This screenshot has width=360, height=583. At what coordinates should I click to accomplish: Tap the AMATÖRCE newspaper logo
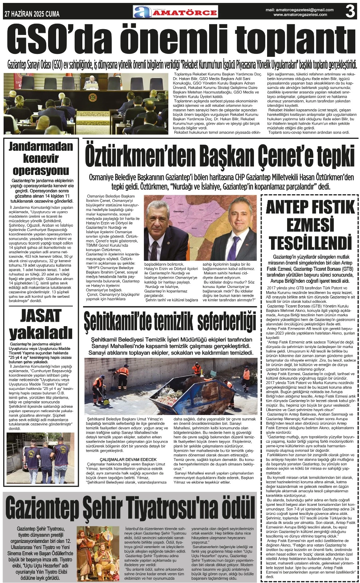pos(176,12)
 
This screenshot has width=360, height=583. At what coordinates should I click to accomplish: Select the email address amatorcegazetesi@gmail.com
pos(305,10)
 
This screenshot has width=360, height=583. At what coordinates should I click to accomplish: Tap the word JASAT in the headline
pos(40,315)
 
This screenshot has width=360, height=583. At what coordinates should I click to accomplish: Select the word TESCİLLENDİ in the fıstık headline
pos(310,241)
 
